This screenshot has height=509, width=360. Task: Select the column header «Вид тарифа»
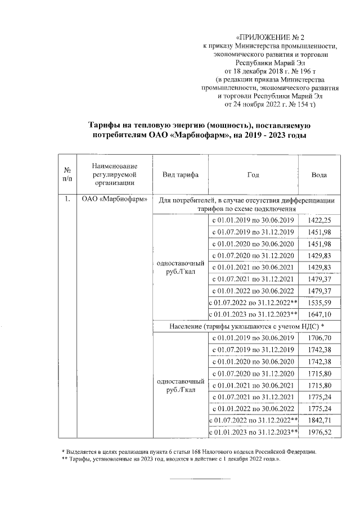[x=179, y=175]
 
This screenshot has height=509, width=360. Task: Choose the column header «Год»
[x=253, y=175]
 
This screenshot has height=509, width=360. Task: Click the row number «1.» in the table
[x=67, y=199]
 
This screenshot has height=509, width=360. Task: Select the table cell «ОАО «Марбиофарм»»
[x=115, y=199]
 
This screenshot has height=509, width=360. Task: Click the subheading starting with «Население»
[x=247, y=326]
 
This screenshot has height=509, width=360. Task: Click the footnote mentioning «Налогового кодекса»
[x=188, y=452]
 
